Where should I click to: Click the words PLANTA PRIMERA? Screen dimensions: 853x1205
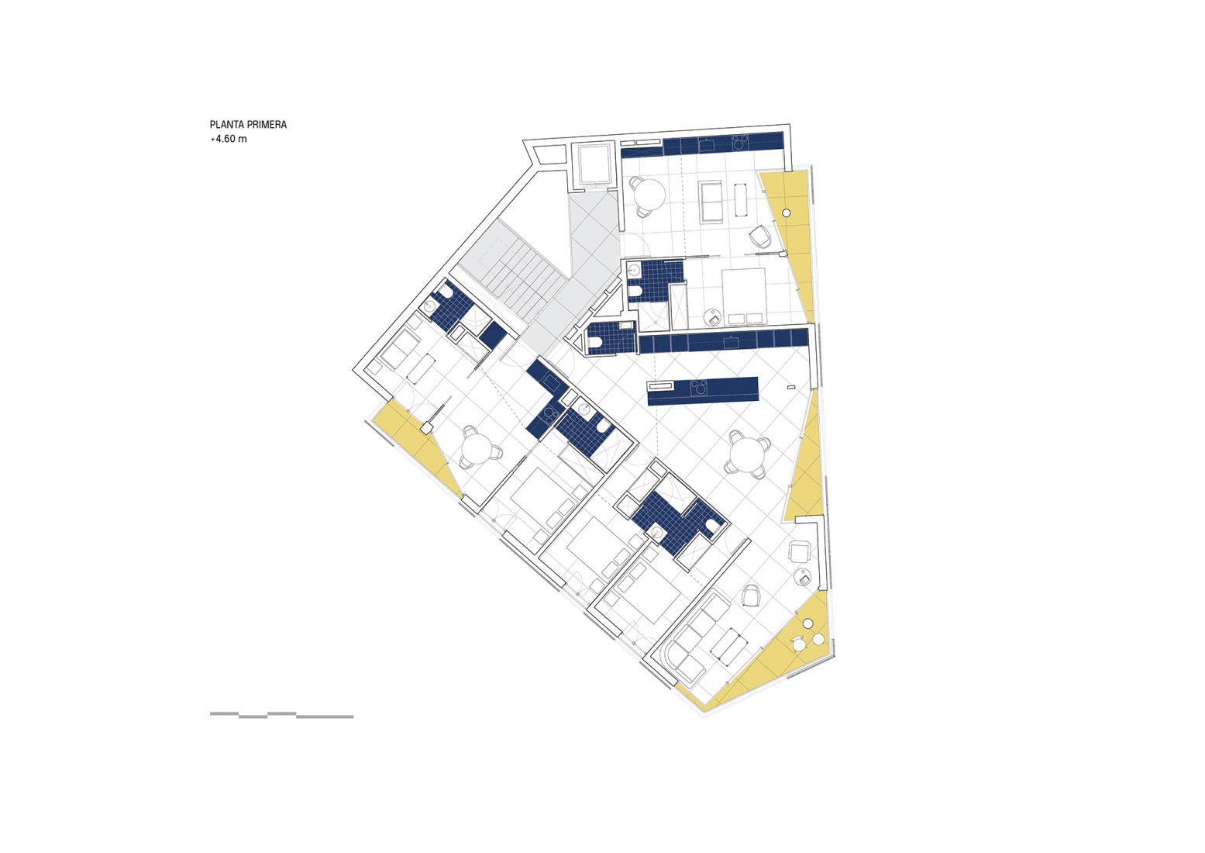pyautogui.click(x=248, y=124)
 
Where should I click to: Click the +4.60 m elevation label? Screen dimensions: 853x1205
pyautogui.click(x=229, y=140)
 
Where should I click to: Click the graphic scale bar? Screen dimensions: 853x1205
pyautogui.click(x=281, y=715)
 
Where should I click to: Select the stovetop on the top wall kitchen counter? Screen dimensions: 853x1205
pyautogui.click(x=740, y=143)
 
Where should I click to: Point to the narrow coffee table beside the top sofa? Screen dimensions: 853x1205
pyautogui.click(x=741, y=199)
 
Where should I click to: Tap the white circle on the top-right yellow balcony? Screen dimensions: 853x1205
pyautogui.click(x=787, y=212)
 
